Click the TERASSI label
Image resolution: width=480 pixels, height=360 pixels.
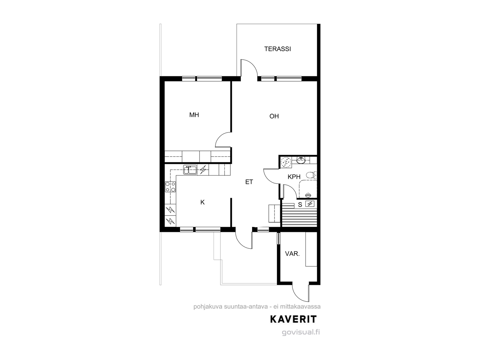tap(277, 49)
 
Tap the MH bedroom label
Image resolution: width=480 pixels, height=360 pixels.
tap(194, 115)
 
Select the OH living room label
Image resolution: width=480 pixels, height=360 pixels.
tap(274, 116)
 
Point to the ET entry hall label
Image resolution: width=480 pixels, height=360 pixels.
tap(249, 182)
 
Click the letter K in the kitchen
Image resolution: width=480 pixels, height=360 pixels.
tap(202, 202)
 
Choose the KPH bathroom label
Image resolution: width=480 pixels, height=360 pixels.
tap(294, 177)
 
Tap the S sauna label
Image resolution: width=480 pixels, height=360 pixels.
tap(300, 205)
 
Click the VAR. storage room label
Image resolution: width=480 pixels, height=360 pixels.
tap(292, 254)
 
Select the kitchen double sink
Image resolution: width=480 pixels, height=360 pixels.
tap(190, 170)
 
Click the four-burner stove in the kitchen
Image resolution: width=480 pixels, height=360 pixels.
tap(170, 187)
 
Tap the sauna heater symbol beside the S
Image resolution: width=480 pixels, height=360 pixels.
tap(310, 204)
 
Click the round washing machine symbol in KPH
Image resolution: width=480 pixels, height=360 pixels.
tap(286, 163)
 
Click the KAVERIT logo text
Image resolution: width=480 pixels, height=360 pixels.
tap(293, 319)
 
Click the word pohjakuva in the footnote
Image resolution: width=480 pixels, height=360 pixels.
tap(208, 307)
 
